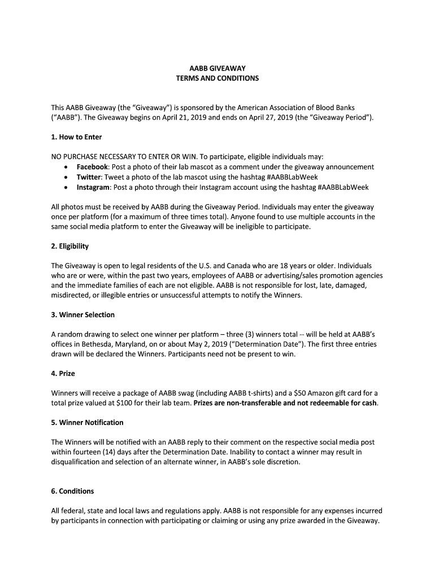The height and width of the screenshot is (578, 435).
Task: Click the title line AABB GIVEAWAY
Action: [217, 68]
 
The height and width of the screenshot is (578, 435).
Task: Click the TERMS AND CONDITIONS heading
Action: [217, 78]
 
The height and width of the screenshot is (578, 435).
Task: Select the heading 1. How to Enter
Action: [76, 137]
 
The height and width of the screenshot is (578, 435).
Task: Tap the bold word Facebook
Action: [93, 167]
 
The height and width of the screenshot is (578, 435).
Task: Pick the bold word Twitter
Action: [89, 177]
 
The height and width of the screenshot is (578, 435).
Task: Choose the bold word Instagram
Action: [93, 187]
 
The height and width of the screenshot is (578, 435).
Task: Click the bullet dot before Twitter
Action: [67, 178]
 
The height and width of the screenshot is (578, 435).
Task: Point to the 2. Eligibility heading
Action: [70, 246]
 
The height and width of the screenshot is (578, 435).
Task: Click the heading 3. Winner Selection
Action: [83, 314]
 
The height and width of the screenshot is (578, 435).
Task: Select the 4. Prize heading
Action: [63, 373]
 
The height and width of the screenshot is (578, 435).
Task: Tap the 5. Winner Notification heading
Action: [88, 422]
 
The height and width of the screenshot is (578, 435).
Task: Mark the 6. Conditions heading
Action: [73, 491]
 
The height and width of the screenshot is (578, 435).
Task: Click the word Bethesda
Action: [95, 344]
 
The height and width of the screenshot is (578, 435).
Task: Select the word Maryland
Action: [133, 344]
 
